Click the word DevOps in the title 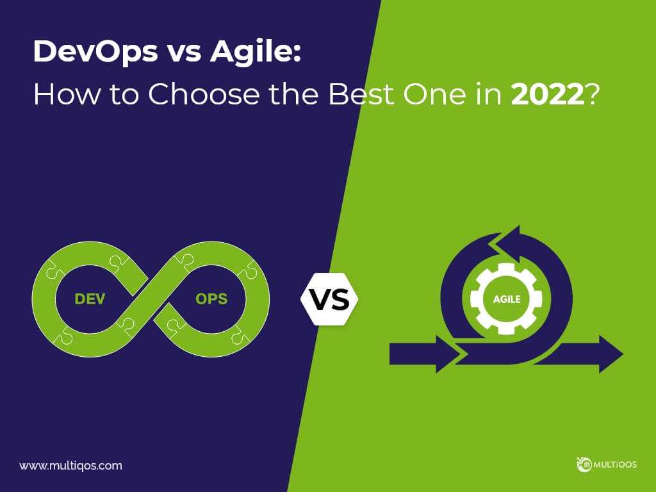point(96,53)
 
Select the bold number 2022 point(548,94)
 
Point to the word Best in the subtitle point(361,94)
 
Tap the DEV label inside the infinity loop point(90,299)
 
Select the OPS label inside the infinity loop point(211,299)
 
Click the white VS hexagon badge point(330,299)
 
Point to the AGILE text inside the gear point(507,299)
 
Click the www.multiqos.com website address point(70,466)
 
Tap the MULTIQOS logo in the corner point(607,464)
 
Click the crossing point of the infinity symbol point(151,299)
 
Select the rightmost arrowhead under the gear point(611,354)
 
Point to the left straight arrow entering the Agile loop point(425,354)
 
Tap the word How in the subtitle point(67,94)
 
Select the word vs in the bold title point(184,54)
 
